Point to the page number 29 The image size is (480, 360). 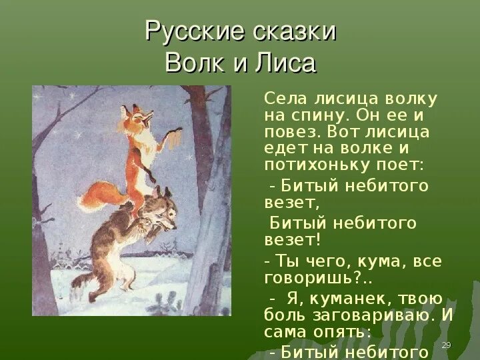pyautogui.click(x=447, y=344)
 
